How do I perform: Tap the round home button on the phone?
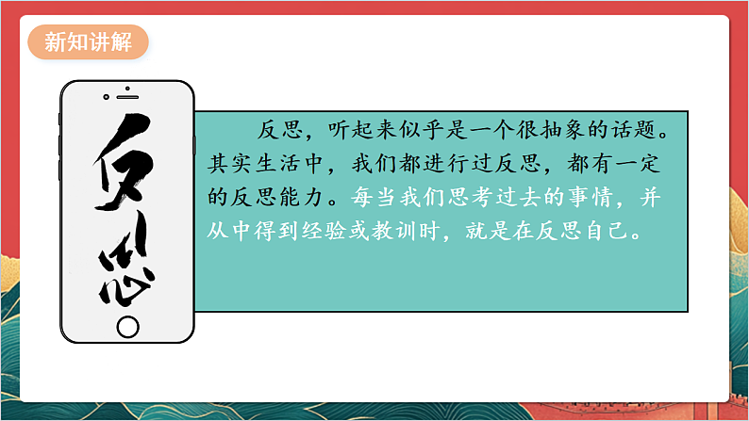pos(127,326)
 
